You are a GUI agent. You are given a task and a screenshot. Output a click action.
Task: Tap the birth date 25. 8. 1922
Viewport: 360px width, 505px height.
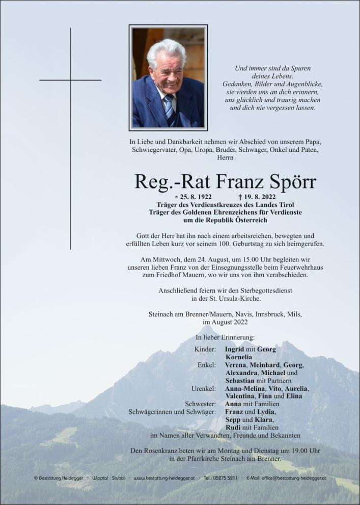pyautogui.click(x=192, y=197)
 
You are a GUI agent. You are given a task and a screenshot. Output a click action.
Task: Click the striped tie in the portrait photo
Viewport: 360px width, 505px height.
pyautogui.click(x=169, y=108)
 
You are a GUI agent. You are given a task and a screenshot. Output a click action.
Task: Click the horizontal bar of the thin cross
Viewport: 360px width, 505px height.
pyautogui.click(x=70, y=80)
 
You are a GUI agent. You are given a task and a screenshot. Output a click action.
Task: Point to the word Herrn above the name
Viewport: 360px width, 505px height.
pyautogui.click(x=225, y=158)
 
